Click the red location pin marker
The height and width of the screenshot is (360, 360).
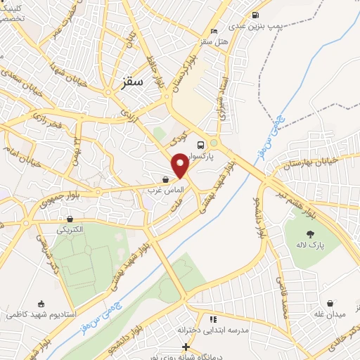coord(180,165)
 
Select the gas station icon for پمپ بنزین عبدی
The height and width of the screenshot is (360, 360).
coord(254,14)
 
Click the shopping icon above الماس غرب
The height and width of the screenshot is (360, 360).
coord(165,179)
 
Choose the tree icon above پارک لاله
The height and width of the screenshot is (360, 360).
coord(309,234)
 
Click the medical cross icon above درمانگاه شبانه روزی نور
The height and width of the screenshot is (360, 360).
coord(186,346)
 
